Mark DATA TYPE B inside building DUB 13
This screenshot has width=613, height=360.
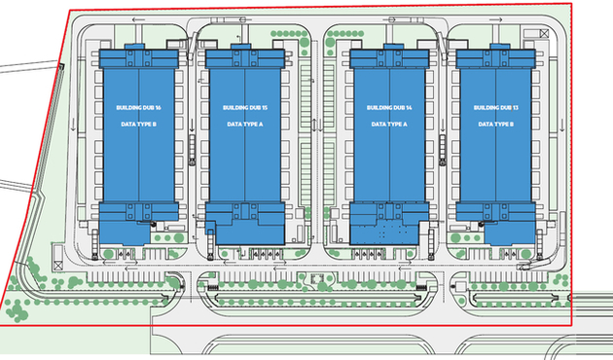pyautogui.click(x=495, y=125)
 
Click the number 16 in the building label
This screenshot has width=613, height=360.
pyautogui.click(x=158, y=108)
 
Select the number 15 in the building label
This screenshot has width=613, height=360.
pyautogui.click(x=265, y=108)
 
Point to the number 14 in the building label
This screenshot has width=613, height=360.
pyautogui.click(x=410, y=108)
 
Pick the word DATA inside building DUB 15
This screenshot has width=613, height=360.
pyautogui.click(x=231, y=125)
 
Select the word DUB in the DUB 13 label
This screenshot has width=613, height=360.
pyautogui.click(x=503, y=108)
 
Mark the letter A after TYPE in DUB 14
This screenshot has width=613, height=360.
pyautogui.click(x=406, y=125)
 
